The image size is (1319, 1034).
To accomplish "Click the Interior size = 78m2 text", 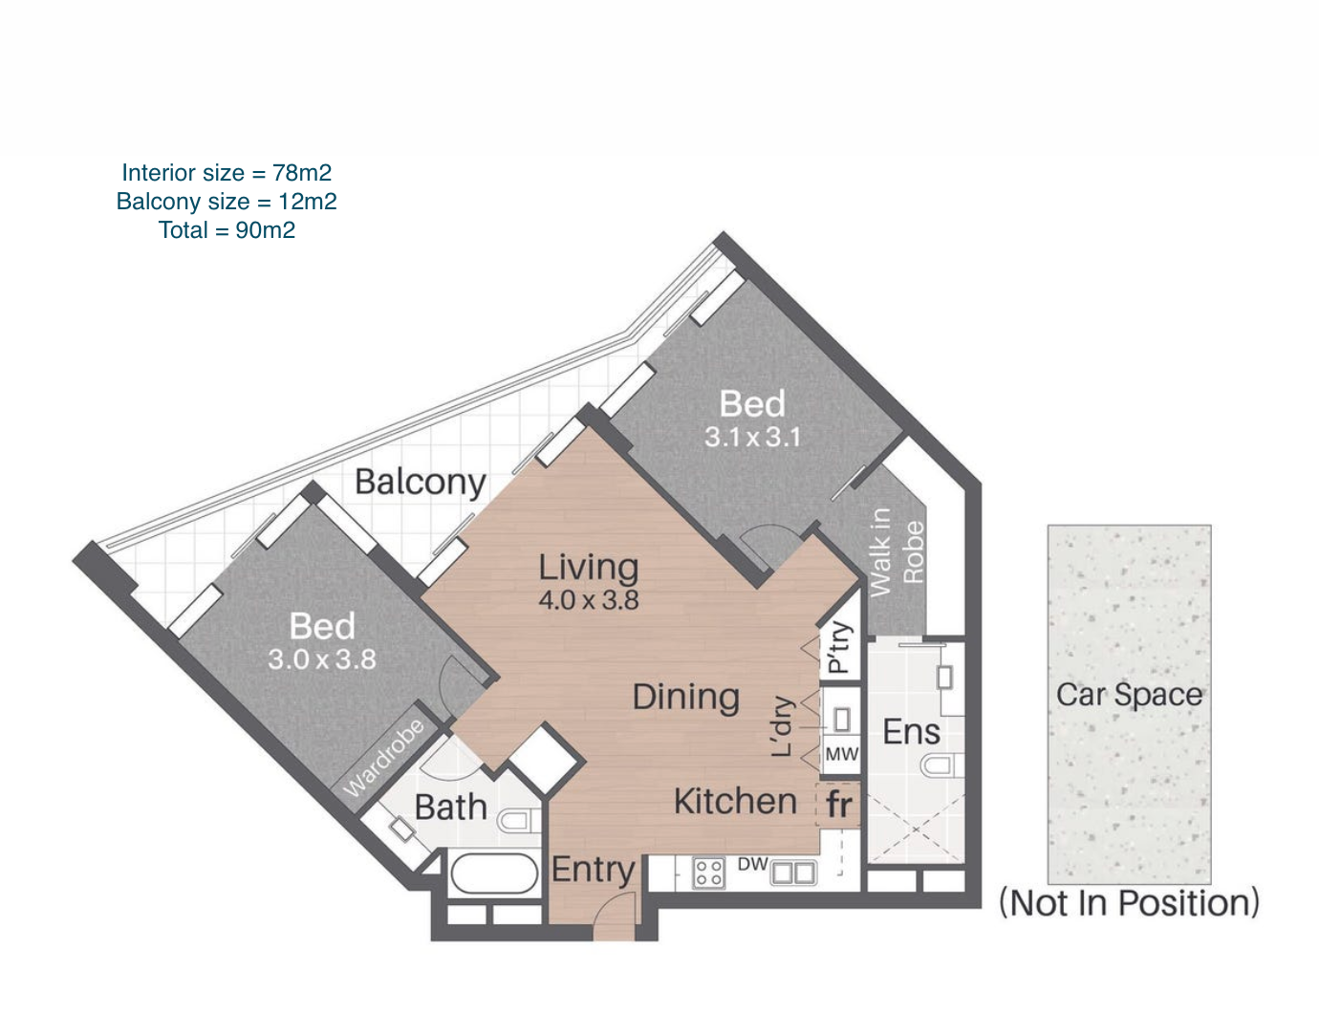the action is click(227, 173).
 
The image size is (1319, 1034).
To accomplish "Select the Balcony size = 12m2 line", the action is click(227, 202).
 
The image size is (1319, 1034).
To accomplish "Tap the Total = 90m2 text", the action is click(227, 230).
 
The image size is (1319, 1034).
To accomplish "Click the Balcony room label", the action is click(420, 483).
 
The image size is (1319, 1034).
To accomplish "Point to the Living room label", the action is click(589, 568).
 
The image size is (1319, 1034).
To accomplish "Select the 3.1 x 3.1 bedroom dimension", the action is click(752, 437).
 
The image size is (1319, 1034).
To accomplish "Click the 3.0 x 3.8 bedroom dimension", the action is click(322, 659).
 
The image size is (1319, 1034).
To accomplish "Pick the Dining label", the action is click(686, 697).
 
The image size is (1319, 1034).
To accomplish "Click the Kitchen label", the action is click(735, 802).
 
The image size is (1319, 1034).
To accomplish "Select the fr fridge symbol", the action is click(839, 805).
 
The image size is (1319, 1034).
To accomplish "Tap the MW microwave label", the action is click(842, 754).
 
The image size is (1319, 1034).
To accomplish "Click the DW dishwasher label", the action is click(752, 864).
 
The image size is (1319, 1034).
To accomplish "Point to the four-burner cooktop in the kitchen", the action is click(709, 872).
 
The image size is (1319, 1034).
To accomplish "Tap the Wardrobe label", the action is click(383, 759).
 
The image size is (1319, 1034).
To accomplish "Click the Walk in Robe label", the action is click(897, 552).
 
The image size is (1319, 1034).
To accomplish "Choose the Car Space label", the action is click(1129, 695).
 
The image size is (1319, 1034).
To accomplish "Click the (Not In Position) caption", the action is click(1129, 903).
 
